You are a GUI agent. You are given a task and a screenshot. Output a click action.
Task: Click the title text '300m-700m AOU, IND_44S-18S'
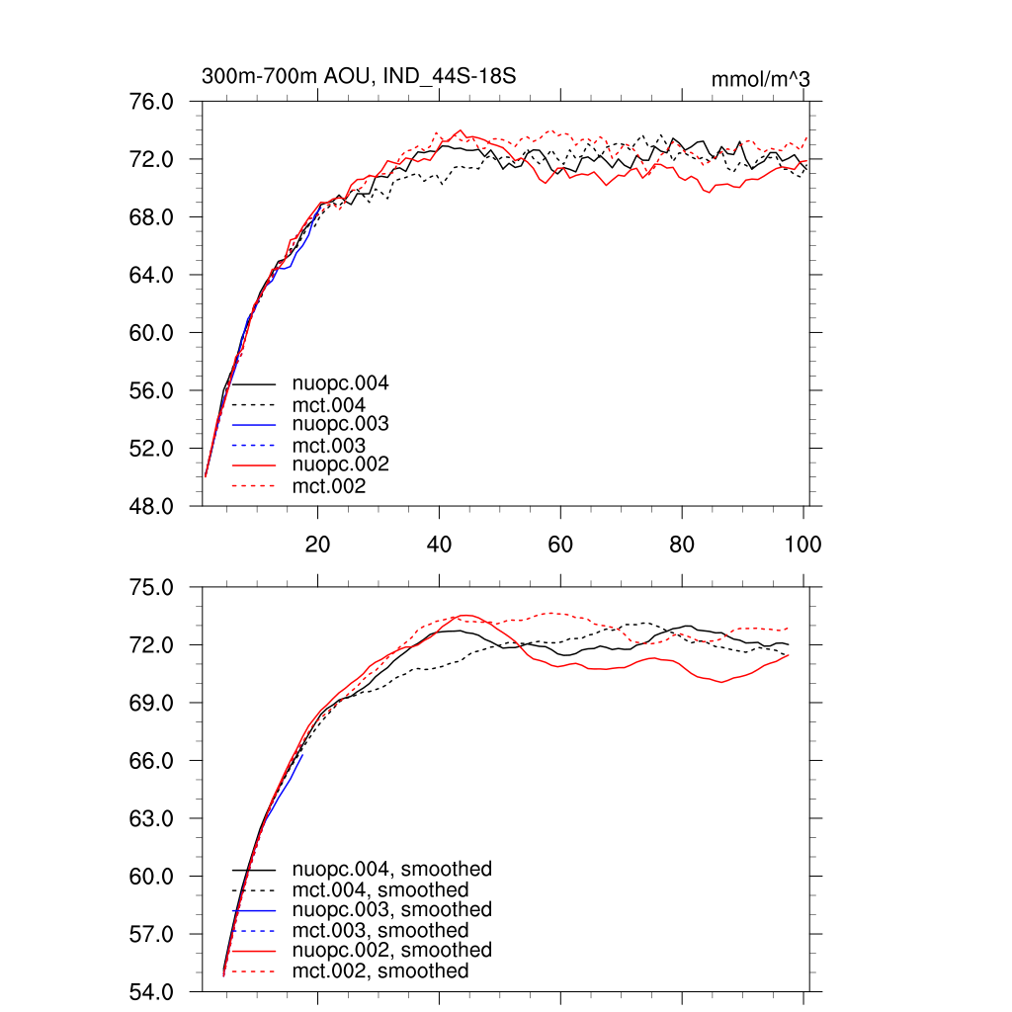[359, 76]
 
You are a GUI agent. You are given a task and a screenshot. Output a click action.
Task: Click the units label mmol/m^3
[760, 79]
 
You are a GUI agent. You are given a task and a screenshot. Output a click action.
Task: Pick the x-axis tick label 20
[317, 545]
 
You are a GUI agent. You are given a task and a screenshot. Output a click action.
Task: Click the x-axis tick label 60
[560, 545]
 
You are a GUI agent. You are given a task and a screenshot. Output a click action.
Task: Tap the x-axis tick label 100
[802, 545]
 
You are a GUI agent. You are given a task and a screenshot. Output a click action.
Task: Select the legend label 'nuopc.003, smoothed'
[391, 909]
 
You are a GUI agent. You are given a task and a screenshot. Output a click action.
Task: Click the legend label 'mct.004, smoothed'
[380, 890]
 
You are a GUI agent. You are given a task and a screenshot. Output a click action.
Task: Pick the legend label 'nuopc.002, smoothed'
[391, 950]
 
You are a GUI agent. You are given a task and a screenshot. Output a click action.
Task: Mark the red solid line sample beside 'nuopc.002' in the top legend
[254, 464]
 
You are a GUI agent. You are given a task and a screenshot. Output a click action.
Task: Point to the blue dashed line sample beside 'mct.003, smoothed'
[254, 930]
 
